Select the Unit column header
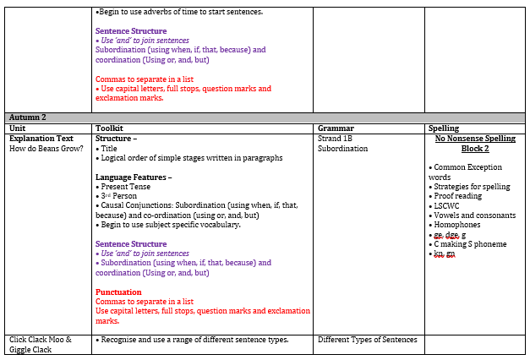pyautogui.click(x=19, y=128)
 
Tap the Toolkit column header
pyautogui.click(x=111, y=128)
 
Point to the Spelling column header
pyautogui.click(x=444, y=128)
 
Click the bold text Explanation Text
pyautogui.click(x=44, y=138)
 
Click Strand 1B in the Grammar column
pyautogui.click(x=335, y=138)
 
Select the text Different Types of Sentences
pyautogui.click(x=367, y=340)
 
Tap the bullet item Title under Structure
pyautogui.click(x=109, y=148)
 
